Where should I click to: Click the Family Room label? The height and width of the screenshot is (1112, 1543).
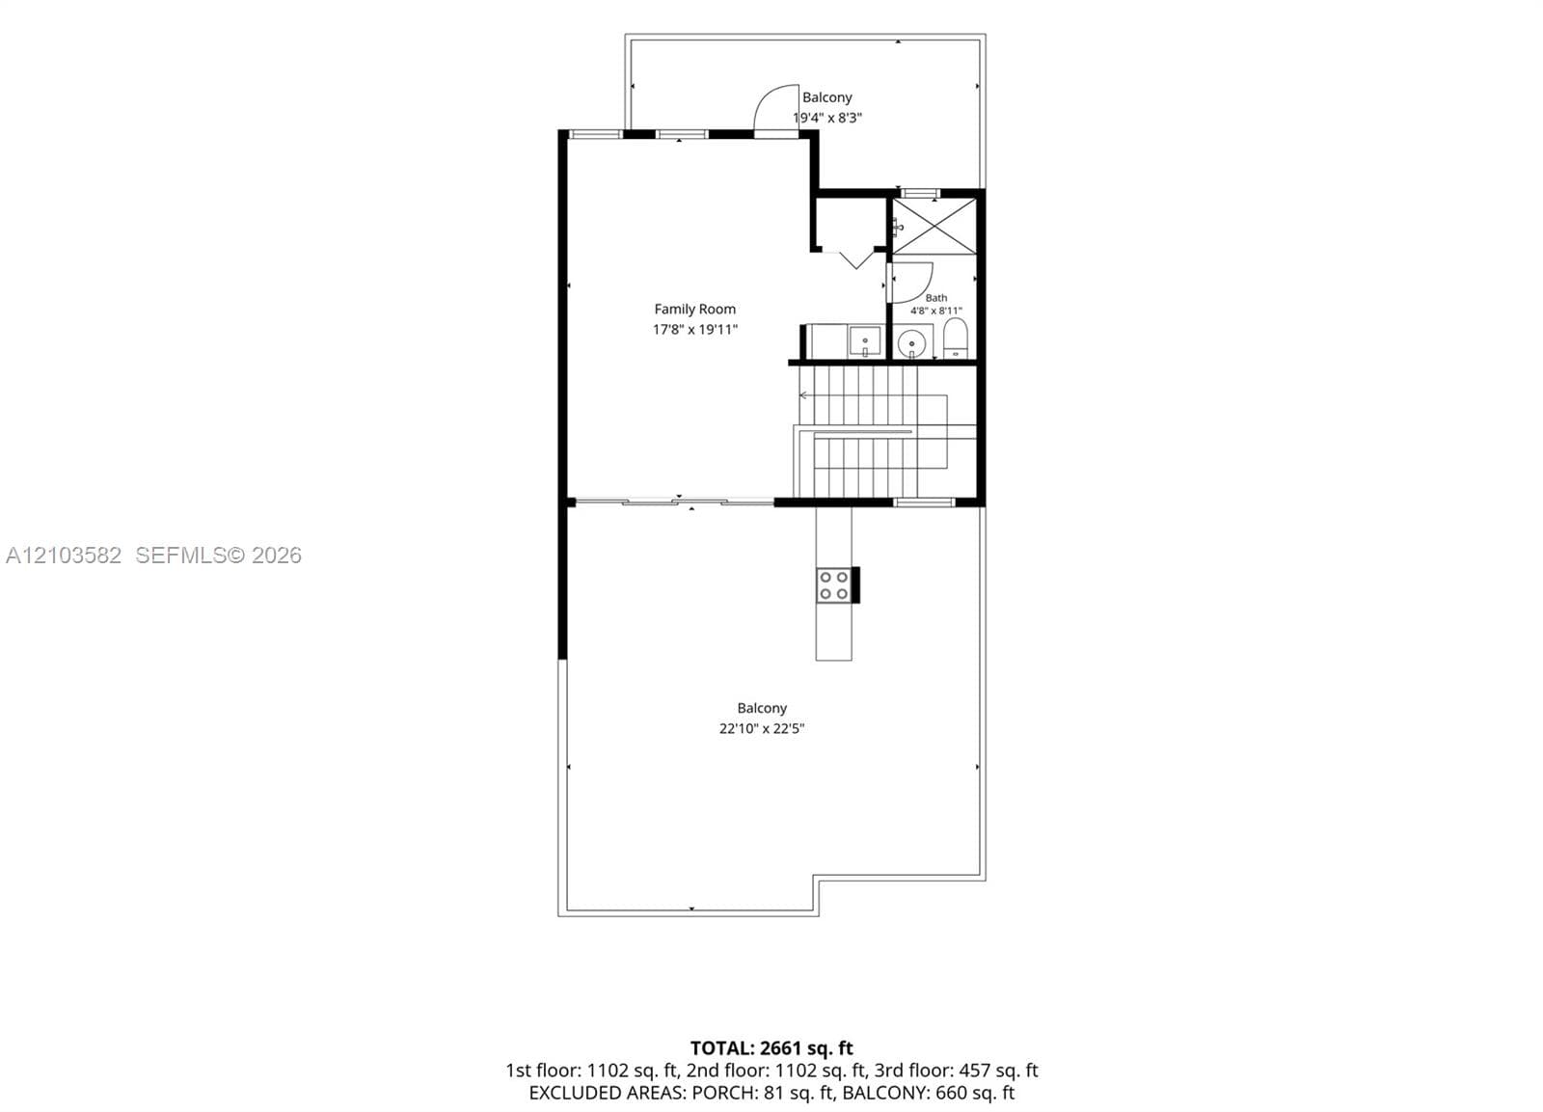tap(694, 310)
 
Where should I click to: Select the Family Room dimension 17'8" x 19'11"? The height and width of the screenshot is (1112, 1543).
tap(695, 329)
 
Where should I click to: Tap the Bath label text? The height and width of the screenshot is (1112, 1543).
tap(936, 298)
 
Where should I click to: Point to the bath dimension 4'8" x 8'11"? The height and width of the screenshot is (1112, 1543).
tap(936, 311)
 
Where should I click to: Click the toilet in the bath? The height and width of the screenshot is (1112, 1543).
tap(955, 339)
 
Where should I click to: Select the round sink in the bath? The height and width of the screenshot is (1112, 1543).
tap(912, 341)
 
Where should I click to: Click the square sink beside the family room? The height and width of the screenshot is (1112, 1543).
tap(864, 341)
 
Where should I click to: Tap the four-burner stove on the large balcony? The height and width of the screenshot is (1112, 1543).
tap(833, 585)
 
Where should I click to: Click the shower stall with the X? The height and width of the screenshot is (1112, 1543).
tap(934, 226)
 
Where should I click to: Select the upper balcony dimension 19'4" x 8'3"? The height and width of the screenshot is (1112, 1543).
tap(827, 118)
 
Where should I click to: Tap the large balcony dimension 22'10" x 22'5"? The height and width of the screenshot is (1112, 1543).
tap(762, 729)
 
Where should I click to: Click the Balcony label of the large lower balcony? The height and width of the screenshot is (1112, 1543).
tap(762, 708)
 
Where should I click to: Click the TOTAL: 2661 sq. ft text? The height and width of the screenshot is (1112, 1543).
tap(771, 1048)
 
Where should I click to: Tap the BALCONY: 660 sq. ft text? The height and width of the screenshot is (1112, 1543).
tap(929, 1093)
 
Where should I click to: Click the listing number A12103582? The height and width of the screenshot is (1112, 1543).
tap(64, 556)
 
